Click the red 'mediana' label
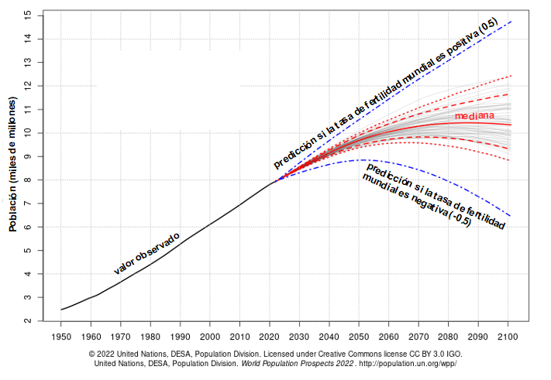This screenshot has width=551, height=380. [x=474, y=115]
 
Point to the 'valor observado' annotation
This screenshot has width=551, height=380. [x=147, y=253]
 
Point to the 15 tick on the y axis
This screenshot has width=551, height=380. [x=29, y=15]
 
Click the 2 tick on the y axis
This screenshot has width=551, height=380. [x=29, y=320]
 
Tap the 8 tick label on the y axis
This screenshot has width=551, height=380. [x=29, y=180]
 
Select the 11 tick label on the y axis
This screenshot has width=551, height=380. [x=29, y=109]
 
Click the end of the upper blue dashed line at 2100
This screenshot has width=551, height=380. [x=511, y=21]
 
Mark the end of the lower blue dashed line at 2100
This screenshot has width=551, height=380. [x=511, y=216]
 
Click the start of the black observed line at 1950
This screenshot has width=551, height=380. [x=61, y=310]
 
